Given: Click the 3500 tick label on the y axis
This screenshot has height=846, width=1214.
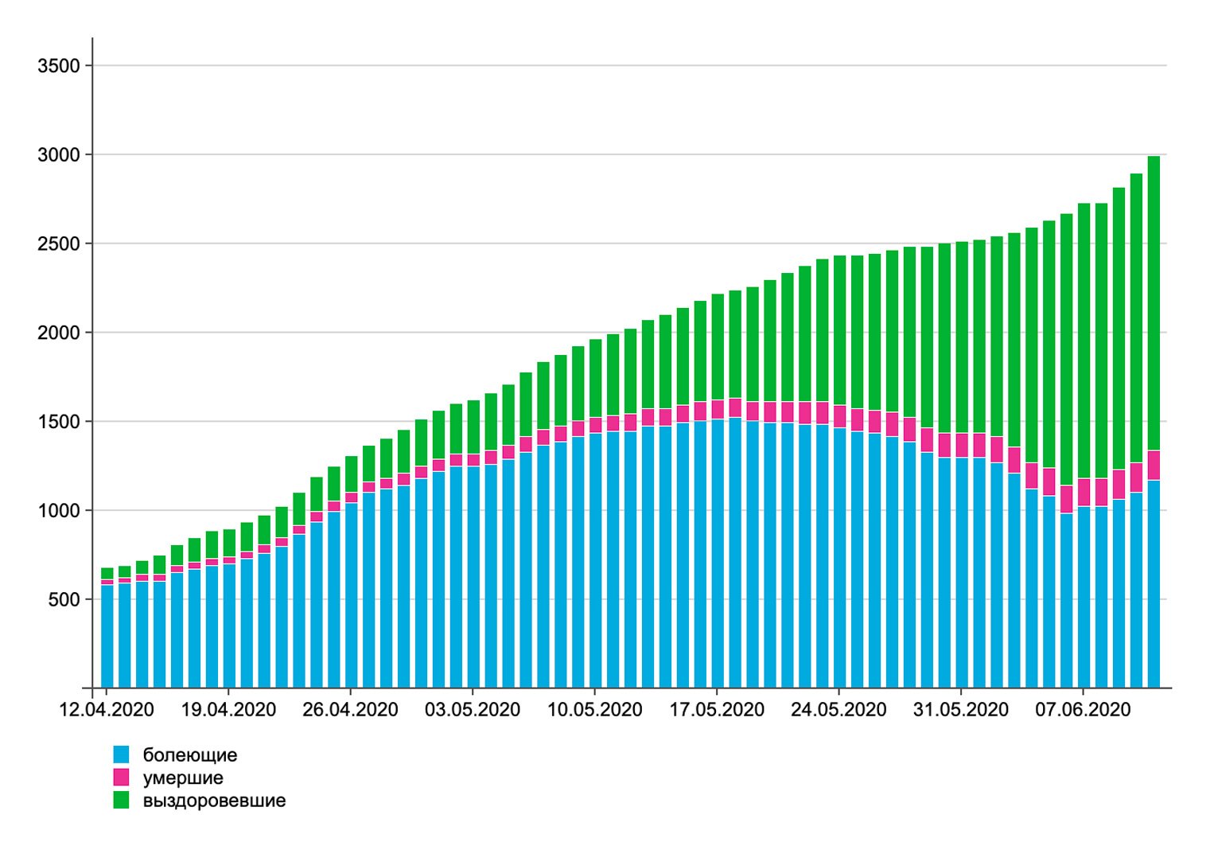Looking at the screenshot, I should point(59,66).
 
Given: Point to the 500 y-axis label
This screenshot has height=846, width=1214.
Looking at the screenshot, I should point(64,599).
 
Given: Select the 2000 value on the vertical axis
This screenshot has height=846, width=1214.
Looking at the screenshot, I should point(59,333).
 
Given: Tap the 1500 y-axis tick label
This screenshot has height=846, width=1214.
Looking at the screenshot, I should point(59,422).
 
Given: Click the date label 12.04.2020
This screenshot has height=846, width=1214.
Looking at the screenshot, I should point(107,709).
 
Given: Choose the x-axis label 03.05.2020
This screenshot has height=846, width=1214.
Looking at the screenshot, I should point(473,709).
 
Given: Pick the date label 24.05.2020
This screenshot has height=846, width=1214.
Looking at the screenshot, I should point(839,709).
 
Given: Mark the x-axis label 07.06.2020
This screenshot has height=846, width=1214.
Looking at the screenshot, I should point(1083,709).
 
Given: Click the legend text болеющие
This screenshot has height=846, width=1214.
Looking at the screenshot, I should point(190,755).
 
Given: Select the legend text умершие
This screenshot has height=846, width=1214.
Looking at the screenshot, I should point(183,778).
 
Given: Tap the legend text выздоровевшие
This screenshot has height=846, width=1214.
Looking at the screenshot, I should point(214,801).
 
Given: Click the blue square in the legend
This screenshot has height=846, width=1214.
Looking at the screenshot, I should point(121,754).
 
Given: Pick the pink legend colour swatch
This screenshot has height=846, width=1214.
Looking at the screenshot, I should point(121,778).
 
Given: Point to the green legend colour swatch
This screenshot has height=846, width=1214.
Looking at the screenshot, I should point(121,801).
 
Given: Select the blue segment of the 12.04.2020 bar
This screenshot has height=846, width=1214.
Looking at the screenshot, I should point(107,637).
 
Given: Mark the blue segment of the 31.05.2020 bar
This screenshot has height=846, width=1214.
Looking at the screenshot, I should point(962,573).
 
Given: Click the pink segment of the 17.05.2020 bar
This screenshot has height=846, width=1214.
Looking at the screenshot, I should point(718,410).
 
